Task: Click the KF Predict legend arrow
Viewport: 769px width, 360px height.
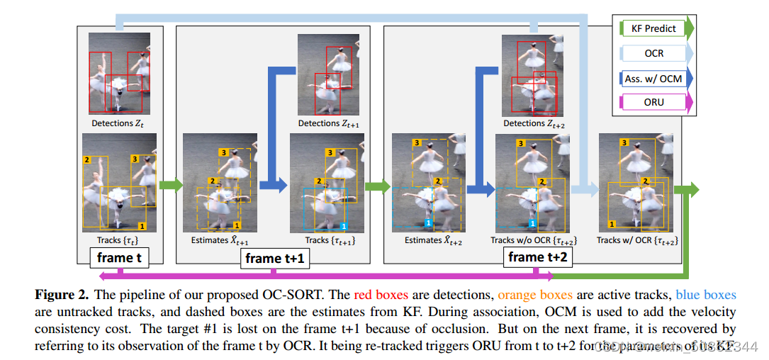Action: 654,29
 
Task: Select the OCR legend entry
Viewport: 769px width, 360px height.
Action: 654,53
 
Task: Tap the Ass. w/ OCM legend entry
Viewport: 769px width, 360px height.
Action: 654,78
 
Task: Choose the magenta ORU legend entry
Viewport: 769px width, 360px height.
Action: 654,102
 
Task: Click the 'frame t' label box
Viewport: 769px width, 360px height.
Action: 119,257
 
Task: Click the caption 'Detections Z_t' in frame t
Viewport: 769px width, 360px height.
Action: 118,123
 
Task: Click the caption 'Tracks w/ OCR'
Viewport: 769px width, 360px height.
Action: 637,240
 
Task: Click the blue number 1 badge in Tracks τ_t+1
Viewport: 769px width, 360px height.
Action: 343,225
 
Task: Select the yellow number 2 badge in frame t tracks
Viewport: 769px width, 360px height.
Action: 87,160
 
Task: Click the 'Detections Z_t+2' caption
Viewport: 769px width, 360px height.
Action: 534,123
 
